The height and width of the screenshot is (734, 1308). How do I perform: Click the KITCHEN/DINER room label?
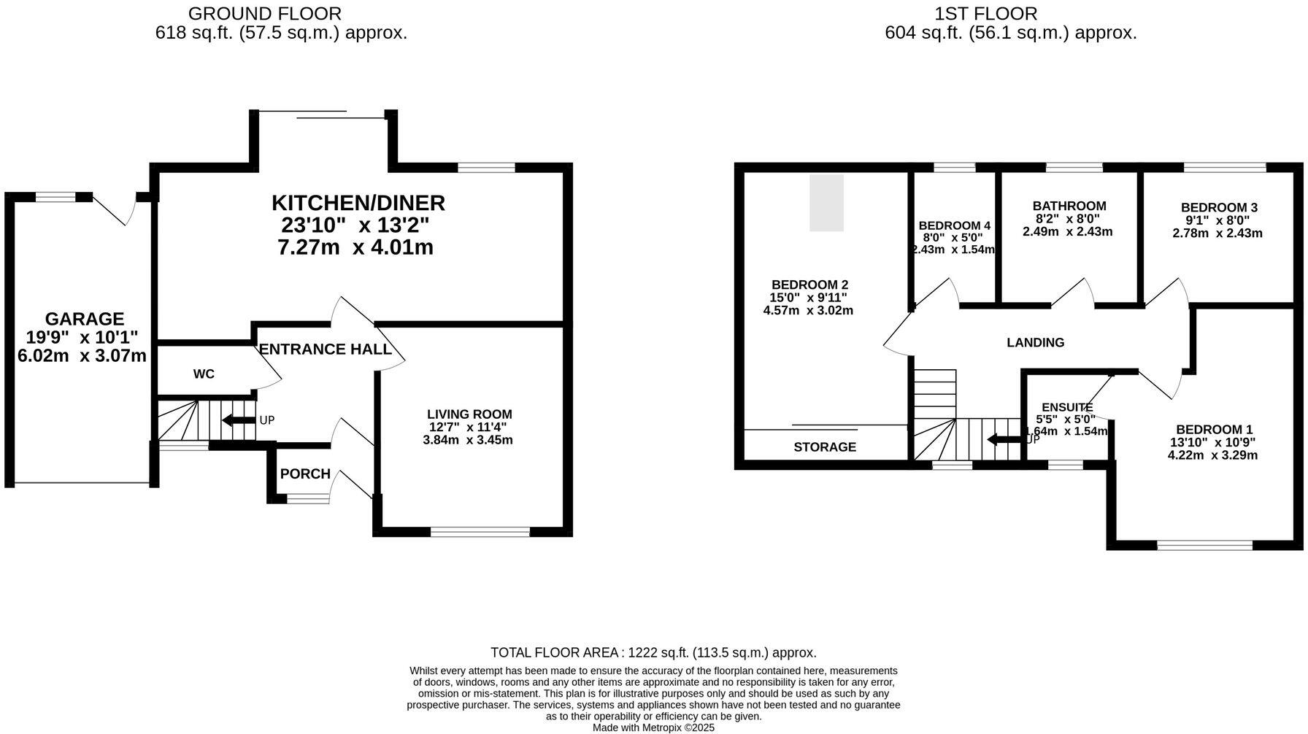pyautogui.click(x=358, y=202)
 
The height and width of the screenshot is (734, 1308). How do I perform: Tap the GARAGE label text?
pyautogui.click(x=85, y=319)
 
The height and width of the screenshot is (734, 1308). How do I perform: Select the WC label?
pyautogui.click(x=204, y=374)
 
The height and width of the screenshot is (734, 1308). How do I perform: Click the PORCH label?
pyautogui.click(x=305, y=474)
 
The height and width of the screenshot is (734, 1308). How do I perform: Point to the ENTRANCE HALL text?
pyautogui.click(x=325, y=349)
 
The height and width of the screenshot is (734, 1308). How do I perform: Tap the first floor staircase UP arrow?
pyautogui.click(x=1004, y=440)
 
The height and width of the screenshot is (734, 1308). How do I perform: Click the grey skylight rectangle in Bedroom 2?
pyautogui.click(x=826, y=203)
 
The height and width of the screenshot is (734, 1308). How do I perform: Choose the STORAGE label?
pyautogui.click(x=825, y=447)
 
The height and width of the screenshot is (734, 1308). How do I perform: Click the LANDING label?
pyautogui.click(x=1035, y=342)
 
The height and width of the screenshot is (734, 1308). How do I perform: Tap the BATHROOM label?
pyautogui.click(x=1069, y=206)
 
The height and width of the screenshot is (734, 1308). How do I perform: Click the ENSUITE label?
pyautogui.click(x=1067, y=408)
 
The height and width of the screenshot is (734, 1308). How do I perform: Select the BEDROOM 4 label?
pyautogui.click(x=954, y=225)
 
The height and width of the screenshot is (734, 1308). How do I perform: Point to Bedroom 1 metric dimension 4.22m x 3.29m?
pyautogui.click(x=1212, y=455)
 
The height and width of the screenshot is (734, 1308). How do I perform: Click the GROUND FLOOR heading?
pyautogui.click(x=264, y=13)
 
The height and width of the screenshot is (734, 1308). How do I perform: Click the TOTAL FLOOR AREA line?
pyautogui.click(x=653, y=653)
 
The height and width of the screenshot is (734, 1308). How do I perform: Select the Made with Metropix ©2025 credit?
pyautogui.click(x=653, y=727)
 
